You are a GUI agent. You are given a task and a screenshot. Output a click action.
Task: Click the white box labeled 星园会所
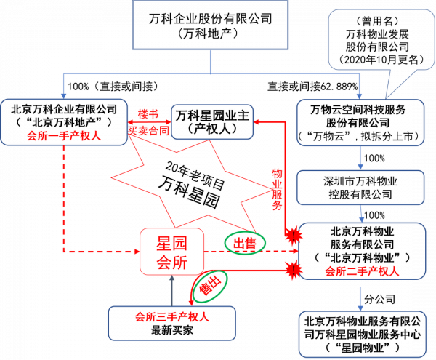pyautogui.click(x=171, y=252)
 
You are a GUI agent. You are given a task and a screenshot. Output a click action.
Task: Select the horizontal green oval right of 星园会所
pyautogui.click(x=245, y=244)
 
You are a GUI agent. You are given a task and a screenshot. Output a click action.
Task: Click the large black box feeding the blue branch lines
pyautogui.click(x=210, y=25)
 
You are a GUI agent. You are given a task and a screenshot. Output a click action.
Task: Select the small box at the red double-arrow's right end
pyautogui.click(x=211, y=121)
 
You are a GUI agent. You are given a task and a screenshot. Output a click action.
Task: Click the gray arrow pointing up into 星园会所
pyautogui.click(x=172, y=291)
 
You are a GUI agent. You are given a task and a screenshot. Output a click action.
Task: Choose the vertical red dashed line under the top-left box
pyautogui.click(x=64, y=196)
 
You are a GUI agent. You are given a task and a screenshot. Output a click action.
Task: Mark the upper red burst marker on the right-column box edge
pyautogui.click(x=294, y=235)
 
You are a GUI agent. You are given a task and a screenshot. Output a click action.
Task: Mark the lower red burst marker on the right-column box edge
pyautogui.click(x=294, y=270)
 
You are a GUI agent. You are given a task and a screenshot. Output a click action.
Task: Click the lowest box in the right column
pyautogui.click(x=362, y=334)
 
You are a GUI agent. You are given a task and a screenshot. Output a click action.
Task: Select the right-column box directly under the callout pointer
pyautogui.click(x=360, y=123)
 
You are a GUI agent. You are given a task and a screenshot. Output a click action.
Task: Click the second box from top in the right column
pyautogui.click(x=360, y=187)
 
